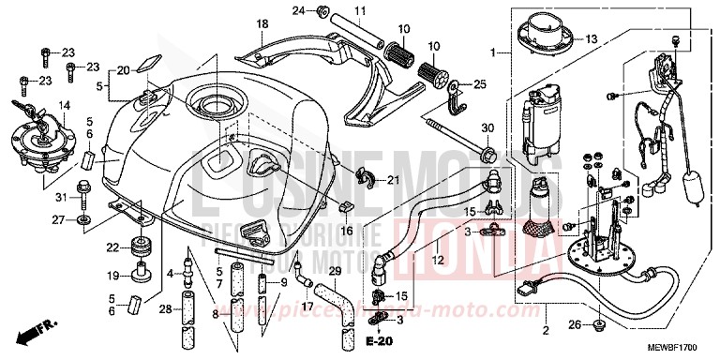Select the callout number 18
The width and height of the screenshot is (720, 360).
click(262, 22)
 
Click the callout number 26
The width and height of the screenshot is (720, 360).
click(574, 325)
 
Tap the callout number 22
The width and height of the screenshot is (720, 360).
click(112, 247)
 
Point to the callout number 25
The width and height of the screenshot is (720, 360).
click(480, 85)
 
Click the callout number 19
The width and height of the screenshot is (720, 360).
click(112, 276)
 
